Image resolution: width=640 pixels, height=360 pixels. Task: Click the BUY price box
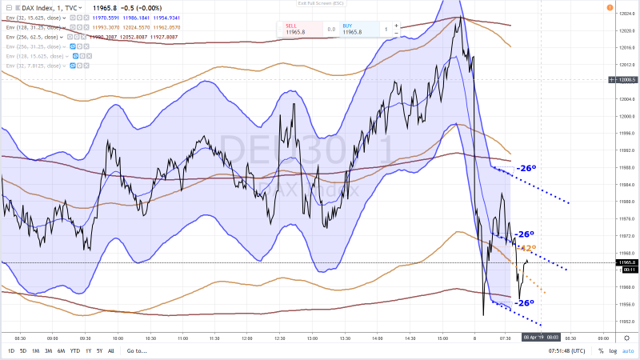click(357, 29)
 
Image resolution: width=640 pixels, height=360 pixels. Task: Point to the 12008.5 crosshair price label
click(626, 80)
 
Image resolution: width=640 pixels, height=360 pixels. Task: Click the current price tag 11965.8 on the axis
click(626, 262)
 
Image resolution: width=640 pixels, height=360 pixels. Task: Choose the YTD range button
click(74, 351)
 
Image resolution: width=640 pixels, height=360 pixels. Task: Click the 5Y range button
click(98, 351)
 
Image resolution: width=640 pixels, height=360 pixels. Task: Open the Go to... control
click(136, 351)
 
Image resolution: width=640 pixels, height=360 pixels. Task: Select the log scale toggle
click(612, 351)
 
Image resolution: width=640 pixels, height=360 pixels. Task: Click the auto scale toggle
click(629, 351)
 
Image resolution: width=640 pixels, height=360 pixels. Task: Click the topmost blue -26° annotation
click(525, 168)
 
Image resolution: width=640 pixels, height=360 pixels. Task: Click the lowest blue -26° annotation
click(524, 303)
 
